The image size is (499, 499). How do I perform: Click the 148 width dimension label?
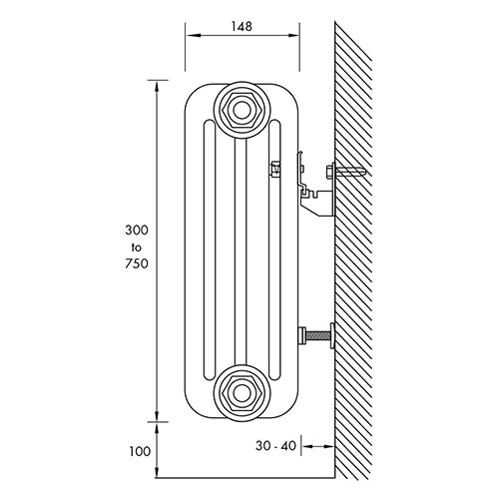coord(242,26)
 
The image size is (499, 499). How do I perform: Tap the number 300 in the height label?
coord(137,230)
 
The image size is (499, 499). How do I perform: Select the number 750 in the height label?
coord(137,263)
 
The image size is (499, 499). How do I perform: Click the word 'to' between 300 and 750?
coord(137,248)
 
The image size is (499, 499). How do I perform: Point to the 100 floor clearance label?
coord(140,451)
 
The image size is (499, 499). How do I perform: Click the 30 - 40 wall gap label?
coord(275,446)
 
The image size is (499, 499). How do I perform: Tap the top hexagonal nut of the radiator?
coord(242,110)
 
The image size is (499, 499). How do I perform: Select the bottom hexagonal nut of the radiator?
coord(242,393)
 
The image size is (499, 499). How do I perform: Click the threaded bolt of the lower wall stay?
coord(317,335)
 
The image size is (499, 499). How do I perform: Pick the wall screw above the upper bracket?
coord(346,172)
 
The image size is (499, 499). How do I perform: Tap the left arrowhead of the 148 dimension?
coord(194,35)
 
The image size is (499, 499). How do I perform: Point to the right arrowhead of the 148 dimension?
coord(291,35)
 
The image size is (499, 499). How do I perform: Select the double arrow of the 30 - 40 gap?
coord(317,446)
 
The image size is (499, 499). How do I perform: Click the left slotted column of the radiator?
coord(210,249)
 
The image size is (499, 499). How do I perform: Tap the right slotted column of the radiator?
coord(274,249)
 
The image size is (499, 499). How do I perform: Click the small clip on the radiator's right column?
coord(275,169)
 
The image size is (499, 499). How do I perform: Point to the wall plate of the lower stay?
coord(332,335)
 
